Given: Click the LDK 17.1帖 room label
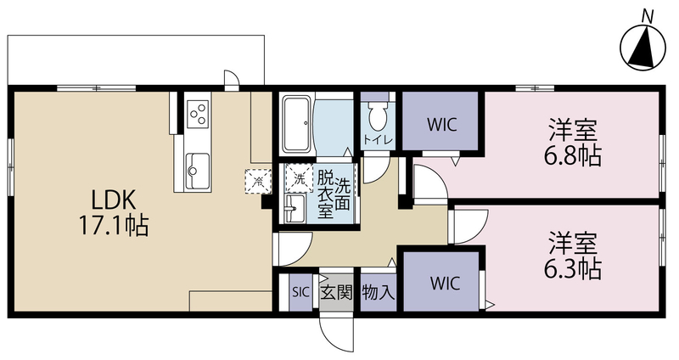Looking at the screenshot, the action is click(114, 212).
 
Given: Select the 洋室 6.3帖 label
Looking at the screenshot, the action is click(573, 256).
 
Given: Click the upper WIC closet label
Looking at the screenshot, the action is click(441, 125).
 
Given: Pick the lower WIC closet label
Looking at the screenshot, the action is click(445, 284).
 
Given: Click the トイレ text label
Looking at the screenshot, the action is click(378, 140).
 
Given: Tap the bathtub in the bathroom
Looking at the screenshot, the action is click(296, 125).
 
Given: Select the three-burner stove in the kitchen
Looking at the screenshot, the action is click(199, 113).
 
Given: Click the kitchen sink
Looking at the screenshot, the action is click(198, 172).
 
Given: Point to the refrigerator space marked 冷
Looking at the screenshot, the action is click(258, 181).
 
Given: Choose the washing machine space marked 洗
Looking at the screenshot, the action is click(299, 177).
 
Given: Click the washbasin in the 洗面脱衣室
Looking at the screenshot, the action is click(295, 209).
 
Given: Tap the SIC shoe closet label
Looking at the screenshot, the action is click(300, 292).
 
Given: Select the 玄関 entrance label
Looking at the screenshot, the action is click(336, 293).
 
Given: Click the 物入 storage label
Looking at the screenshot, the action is click(378, 293).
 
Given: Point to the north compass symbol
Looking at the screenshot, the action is click(643, 48).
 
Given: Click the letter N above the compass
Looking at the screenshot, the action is click(648, 16).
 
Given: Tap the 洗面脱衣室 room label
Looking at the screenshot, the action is click(334, 194).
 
